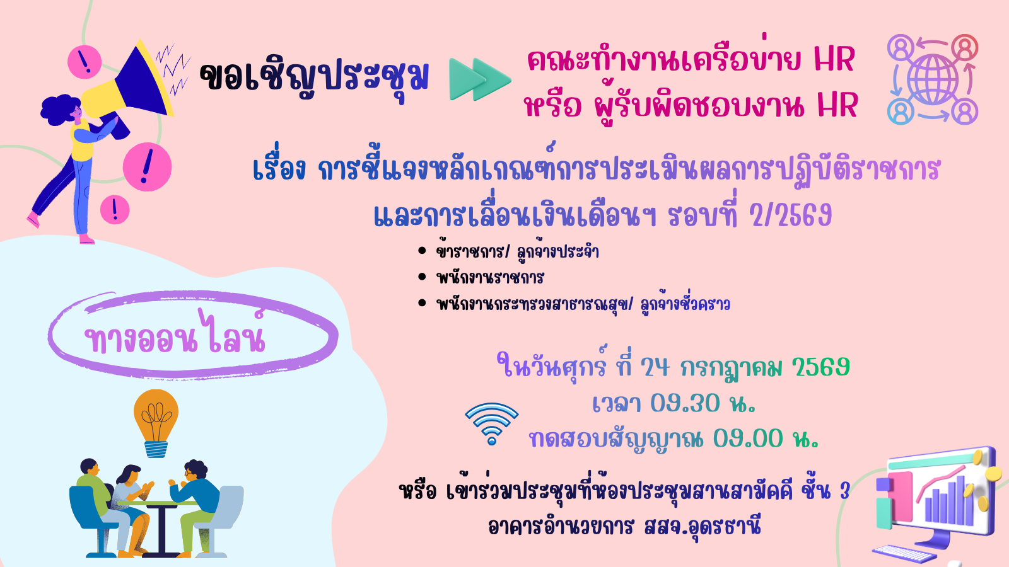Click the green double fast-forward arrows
click(x=480, y=79)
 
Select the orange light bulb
click(x=156, y=423)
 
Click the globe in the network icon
click(x=933, y=80)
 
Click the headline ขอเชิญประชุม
click(x=314, y=77)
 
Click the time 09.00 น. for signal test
click(x=766, y=438)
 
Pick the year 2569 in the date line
click(x=820, y=367)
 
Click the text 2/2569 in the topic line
click(x=791, y=215)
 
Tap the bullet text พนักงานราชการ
click(x=490, y=277)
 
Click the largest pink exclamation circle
click(x=148, y=167)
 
